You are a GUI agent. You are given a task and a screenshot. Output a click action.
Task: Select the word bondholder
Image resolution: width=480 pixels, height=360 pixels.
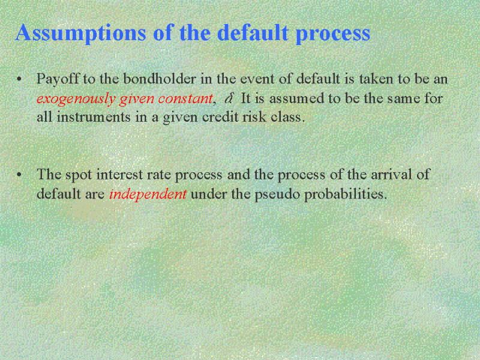coord(159,79)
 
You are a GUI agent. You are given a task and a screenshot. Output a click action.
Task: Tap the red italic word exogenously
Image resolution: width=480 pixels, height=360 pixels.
coord(76,99)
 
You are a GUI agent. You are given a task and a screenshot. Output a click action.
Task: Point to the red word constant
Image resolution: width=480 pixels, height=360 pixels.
coord(185,98)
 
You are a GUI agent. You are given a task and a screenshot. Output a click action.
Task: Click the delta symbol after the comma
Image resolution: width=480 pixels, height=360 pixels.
coord(229,98)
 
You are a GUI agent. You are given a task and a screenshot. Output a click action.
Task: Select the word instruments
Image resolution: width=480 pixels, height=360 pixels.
coord(94,117)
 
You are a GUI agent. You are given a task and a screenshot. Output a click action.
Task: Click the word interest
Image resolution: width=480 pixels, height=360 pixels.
coord(119,175)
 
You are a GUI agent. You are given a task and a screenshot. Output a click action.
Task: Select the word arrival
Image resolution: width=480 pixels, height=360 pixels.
coord(392,175)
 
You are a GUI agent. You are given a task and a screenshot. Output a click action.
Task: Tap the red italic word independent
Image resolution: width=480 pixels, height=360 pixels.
coord(148,194)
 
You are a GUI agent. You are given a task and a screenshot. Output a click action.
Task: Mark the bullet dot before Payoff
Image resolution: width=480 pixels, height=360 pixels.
coord(20,79)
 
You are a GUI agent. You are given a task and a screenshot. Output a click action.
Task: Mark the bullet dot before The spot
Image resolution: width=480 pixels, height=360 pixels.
coord(20,175)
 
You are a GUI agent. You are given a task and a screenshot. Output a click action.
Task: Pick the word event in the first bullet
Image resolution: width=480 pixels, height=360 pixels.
coord(257,80)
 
